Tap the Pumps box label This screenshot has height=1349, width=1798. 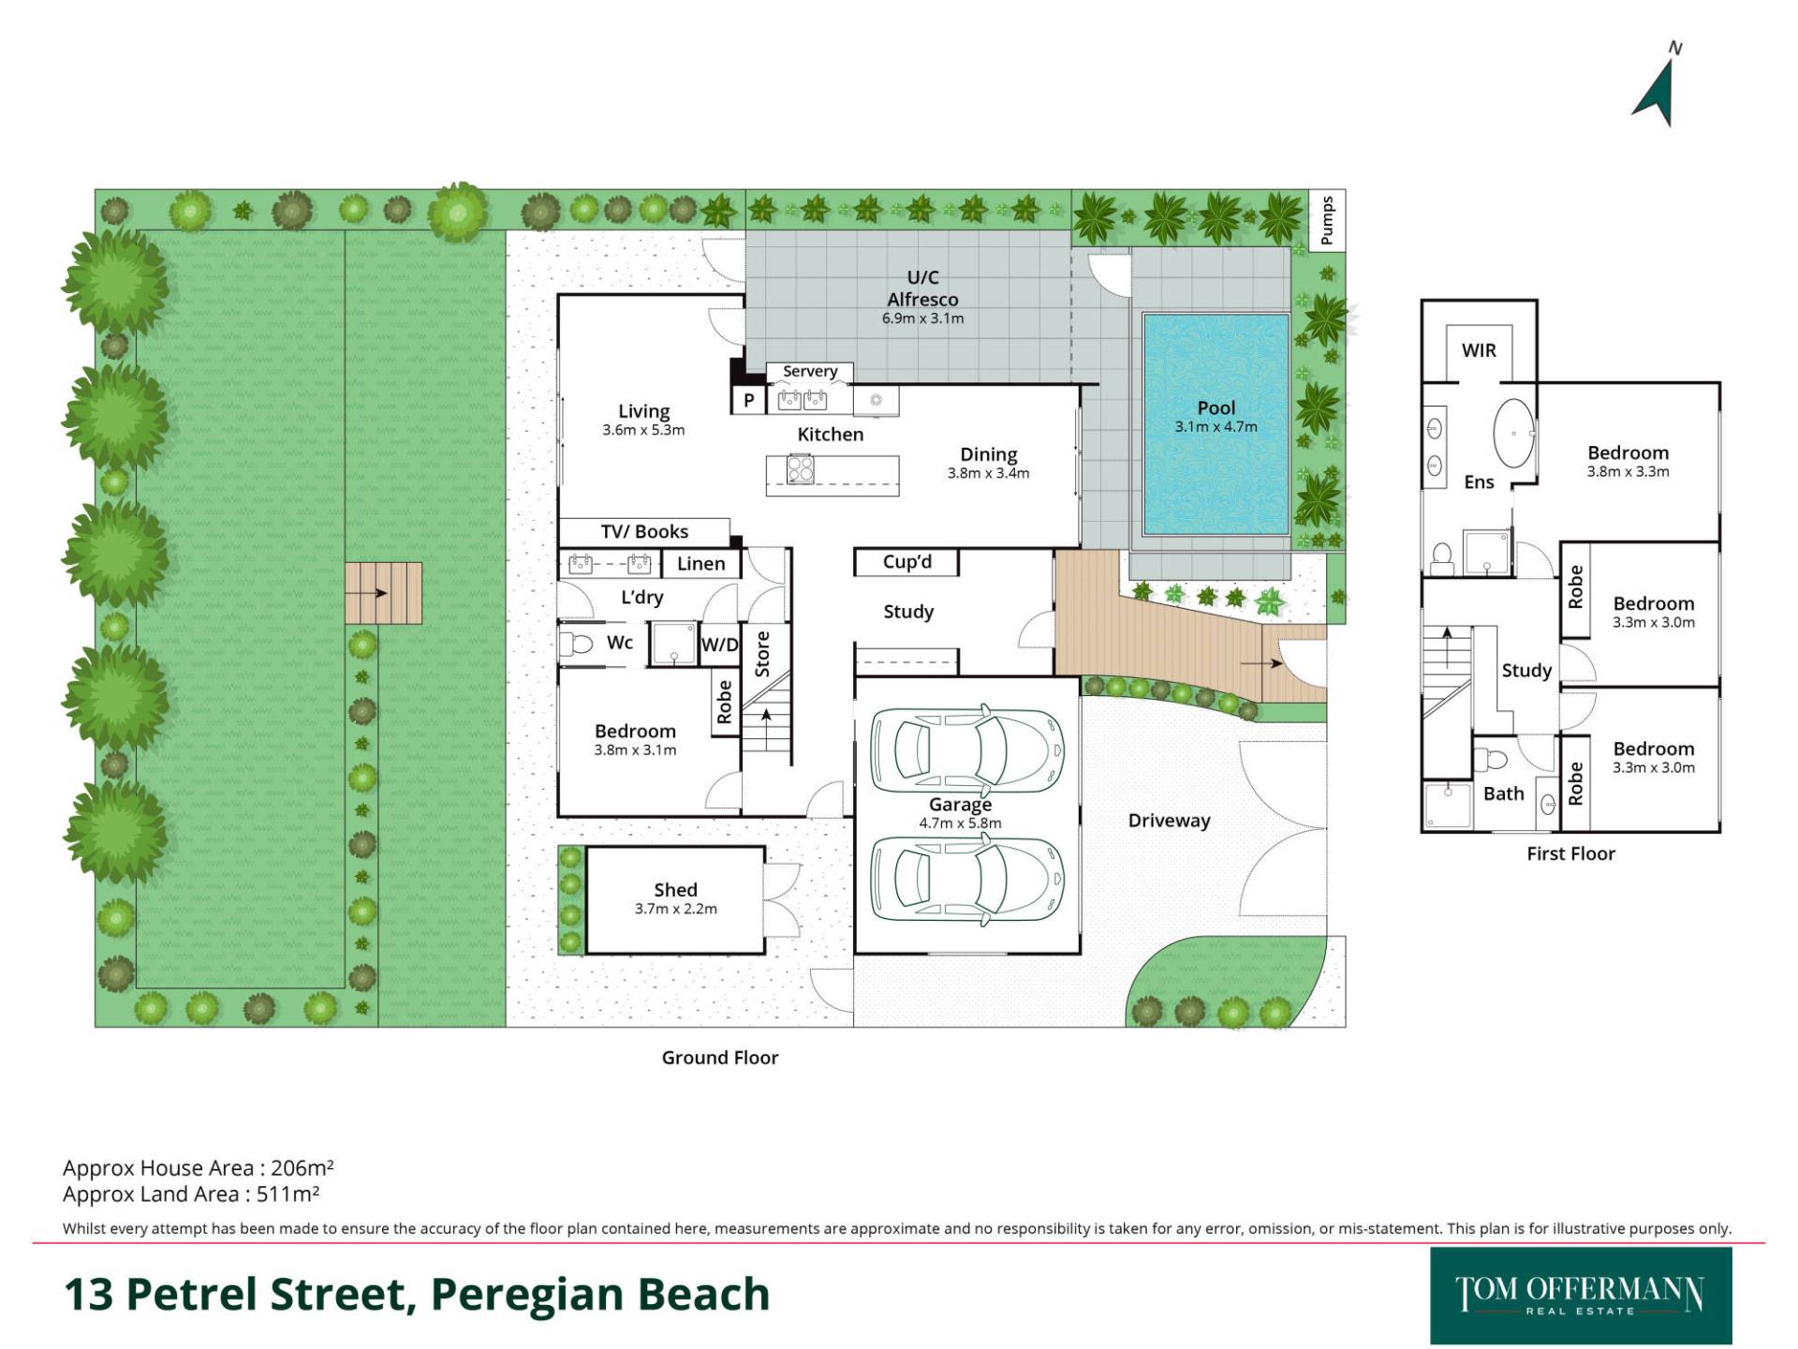1326,220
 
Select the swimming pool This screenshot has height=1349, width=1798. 1216,424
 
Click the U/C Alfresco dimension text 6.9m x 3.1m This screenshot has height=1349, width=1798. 922,319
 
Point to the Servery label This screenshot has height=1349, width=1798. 810,371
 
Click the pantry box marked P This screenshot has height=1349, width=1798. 748,400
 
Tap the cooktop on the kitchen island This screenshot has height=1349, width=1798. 800,468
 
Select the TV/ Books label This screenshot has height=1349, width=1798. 644,531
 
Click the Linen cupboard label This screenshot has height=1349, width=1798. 700,563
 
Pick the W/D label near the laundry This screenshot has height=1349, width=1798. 720,645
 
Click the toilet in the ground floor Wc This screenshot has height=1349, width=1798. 576,644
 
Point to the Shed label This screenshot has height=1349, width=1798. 675,889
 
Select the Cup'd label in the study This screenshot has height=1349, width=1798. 907,561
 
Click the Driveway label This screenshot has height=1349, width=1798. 1169,821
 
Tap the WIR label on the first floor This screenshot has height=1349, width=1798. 1479,350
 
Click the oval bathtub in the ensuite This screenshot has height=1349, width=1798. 1513,434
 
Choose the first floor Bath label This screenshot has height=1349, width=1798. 1503,793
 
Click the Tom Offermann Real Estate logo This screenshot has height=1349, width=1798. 1581,1296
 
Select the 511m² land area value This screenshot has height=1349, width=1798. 288,1193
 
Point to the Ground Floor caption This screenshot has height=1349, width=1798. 720,1058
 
